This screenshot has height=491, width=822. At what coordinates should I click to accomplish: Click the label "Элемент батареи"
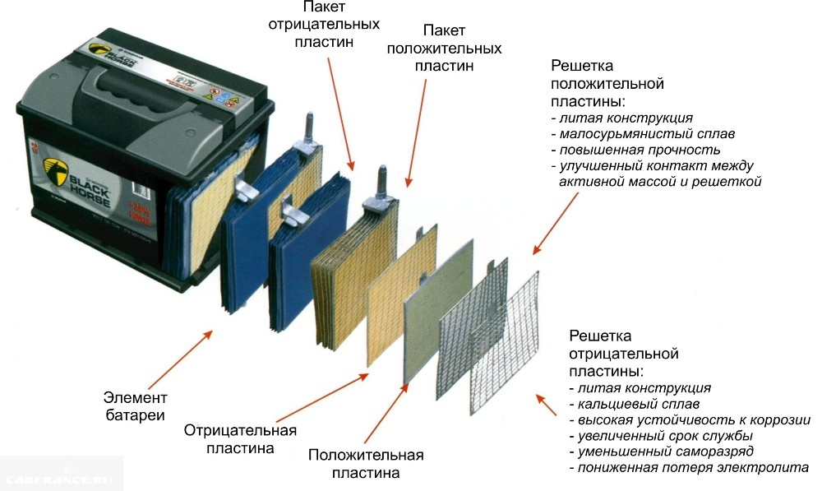134,403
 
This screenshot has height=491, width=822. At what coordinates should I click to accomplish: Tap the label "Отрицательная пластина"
240,439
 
